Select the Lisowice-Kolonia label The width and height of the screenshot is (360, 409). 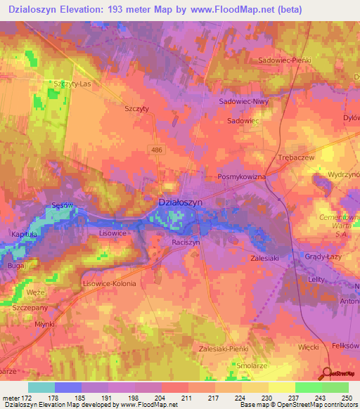coord(109,284)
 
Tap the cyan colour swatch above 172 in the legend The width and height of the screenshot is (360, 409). coord(41,387)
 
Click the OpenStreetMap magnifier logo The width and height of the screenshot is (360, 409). coord(328,374)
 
